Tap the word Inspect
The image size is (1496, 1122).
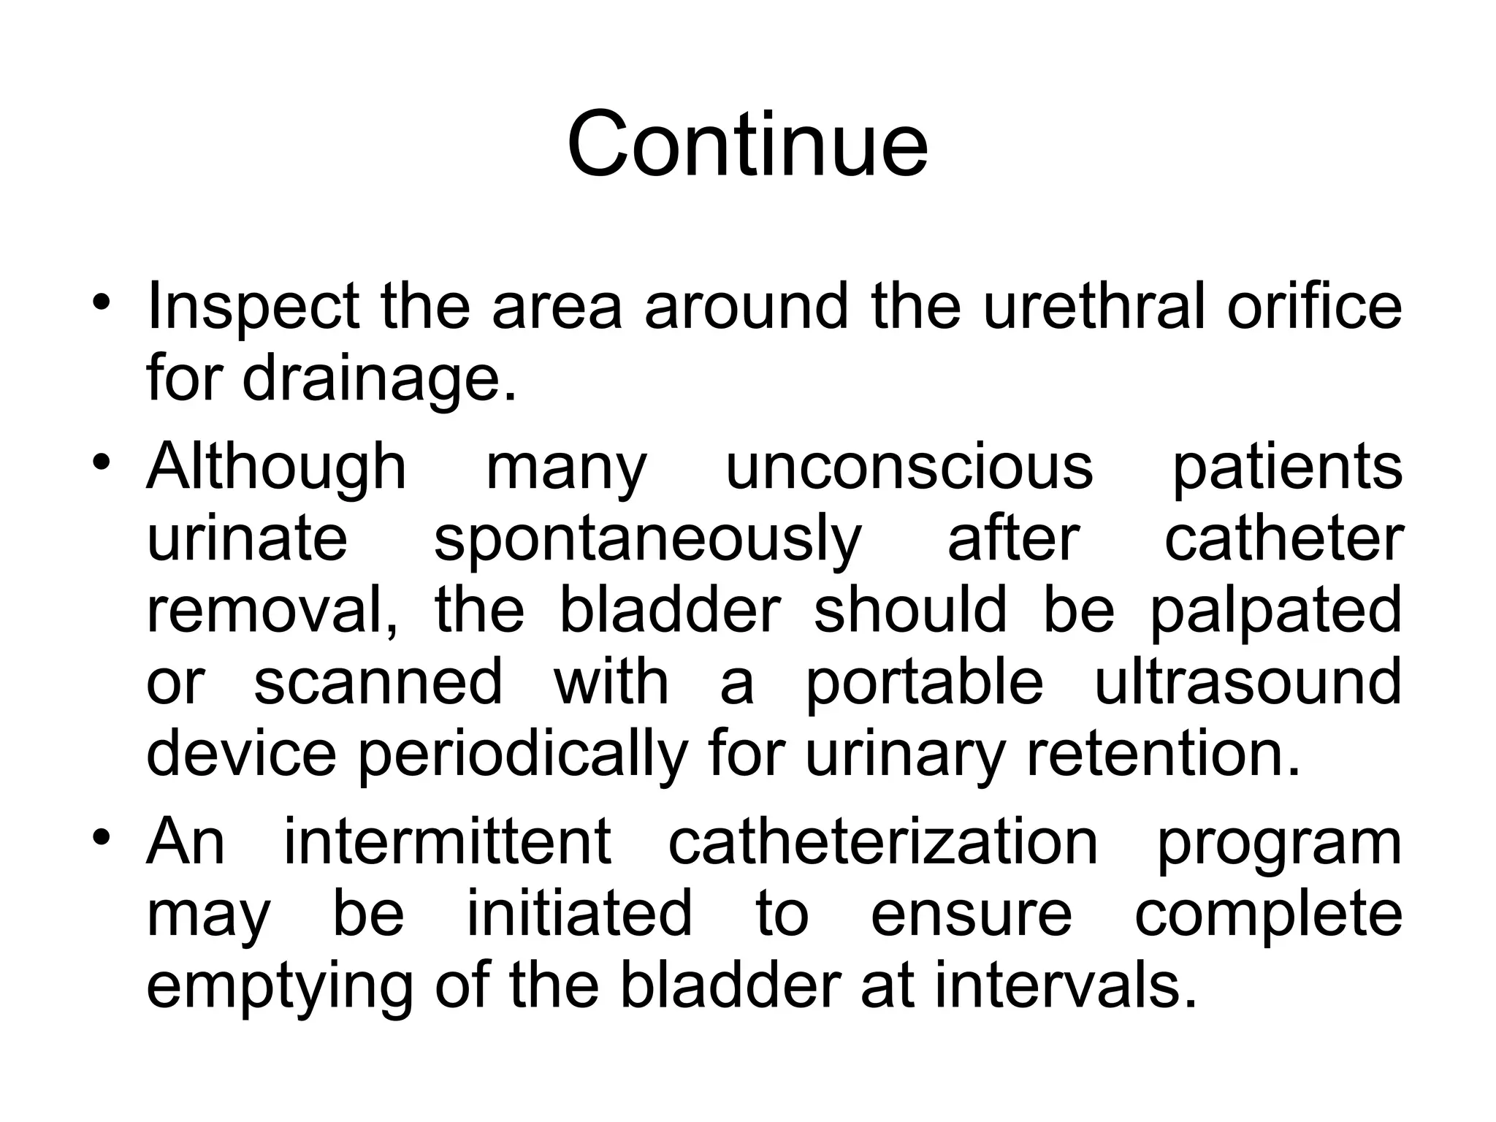[253, 306]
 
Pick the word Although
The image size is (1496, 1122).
[277, 467]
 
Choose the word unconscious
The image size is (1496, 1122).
[909, 467]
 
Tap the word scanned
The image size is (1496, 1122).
[378, 682]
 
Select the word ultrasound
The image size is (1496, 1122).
[1248, 682]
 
